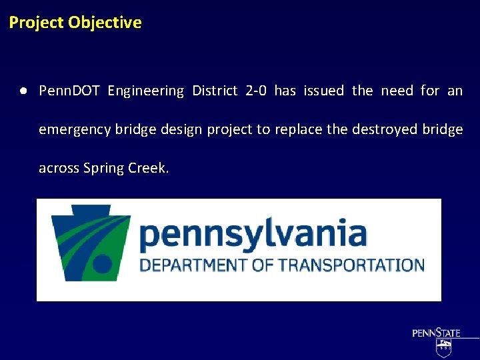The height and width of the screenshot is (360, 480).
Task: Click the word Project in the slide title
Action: point(36,23)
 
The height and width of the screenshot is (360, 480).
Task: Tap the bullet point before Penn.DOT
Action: point(23,91)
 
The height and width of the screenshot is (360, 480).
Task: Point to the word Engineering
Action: point(145,91)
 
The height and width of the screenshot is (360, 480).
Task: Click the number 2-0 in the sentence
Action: point(256,91)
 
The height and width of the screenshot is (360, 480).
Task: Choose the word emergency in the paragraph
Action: point(75,130)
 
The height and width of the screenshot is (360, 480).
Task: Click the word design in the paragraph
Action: point(183,130)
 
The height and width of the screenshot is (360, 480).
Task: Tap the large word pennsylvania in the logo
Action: point(253,235)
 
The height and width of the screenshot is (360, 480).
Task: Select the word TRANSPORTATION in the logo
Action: point(351,265)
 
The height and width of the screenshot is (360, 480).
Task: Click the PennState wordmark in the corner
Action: point(436,333)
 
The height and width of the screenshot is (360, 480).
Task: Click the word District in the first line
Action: point(215,91)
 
